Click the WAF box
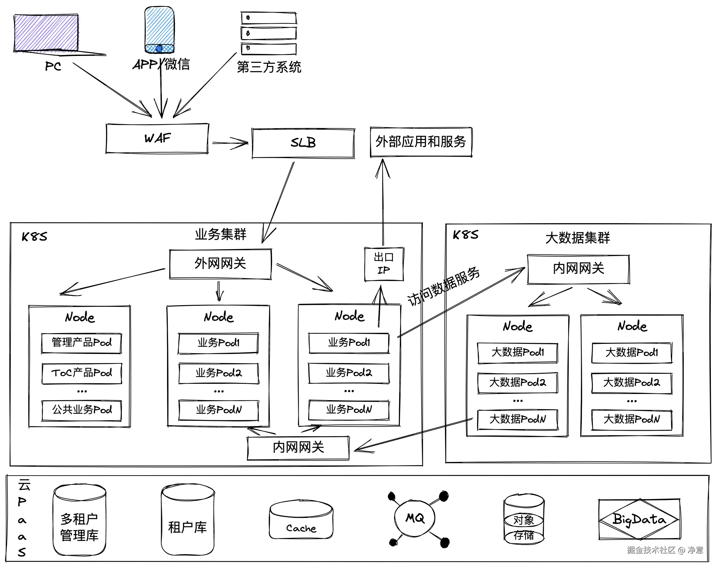pyautogui.click(x=157, y=138)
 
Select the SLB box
pyautogui.click(x=303, y=143)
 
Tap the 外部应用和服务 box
pyautogui.click(x=421, y=142)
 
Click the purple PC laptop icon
pyautogui.click(x=46, y=33)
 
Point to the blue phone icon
pyautogui.click(x=160, y=30)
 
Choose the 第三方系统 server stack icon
pyautogui.click(x=268, y=33)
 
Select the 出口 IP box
pyautogui.click(x=384, y=264)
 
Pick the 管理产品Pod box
pyautogui.click(x=81, y=343)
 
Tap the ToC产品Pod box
pyautogui.click(x=82, y=373)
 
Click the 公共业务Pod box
pyautogui.click(x=82, y=410)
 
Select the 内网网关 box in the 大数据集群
pyautogui.click(x=578, y=269)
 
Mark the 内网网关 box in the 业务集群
pyautogui.click(x=298, y=448)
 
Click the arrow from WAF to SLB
pyautogui.click(x=230, y=143)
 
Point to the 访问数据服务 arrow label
pyautogui.click(x=444, y=286)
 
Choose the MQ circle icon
pyautogui.click(x=415, y=518)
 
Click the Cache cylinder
pyautogui.click(x=301, y=520)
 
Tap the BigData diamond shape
pyautogui.click(x=639, y=520)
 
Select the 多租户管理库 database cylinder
pyautogui.click(x=79, y=520)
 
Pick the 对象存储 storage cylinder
pyautogui.click(x=524, y=520)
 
